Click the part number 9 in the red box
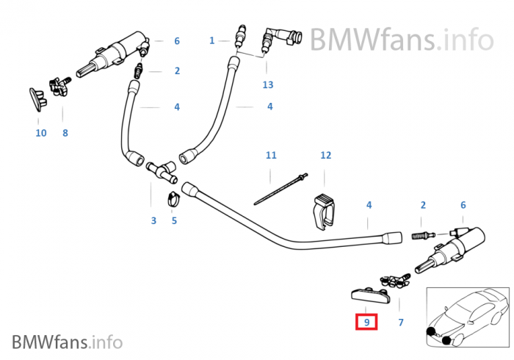(x=366, y=322)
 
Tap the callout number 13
(x=268, y=84)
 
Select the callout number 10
(x=40, y=133)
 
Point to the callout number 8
(x=65, y=133)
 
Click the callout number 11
(x=271, y=155)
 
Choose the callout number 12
(x=326, y=155)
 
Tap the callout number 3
(x=153, y=220)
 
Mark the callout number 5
(x=174, y=220)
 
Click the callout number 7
(x=401, y=322)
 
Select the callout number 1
(x=211, y=40)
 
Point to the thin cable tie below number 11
(x=278, y=190)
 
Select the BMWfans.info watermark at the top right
(x=401, y=37)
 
